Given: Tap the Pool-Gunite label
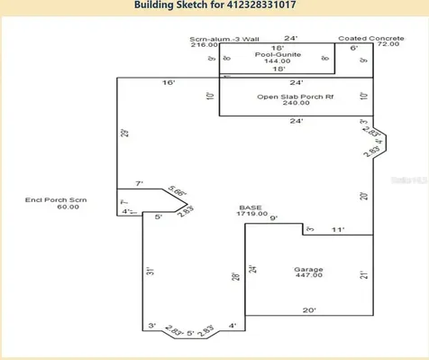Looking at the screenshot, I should click(x=278, y=54).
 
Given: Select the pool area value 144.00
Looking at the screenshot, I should click(x=278, y=61).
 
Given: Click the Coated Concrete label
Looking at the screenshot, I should click(x=365, y=40).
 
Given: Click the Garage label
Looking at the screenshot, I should click(x=308, y=269).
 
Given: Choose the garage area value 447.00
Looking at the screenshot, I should click(x=308, y=276).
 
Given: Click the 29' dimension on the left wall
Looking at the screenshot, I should click(x=125, y=134).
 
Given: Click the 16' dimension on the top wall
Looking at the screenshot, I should click(x=168, y=83).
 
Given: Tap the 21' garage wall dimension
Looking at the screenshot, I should click(x=364, y=274).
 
